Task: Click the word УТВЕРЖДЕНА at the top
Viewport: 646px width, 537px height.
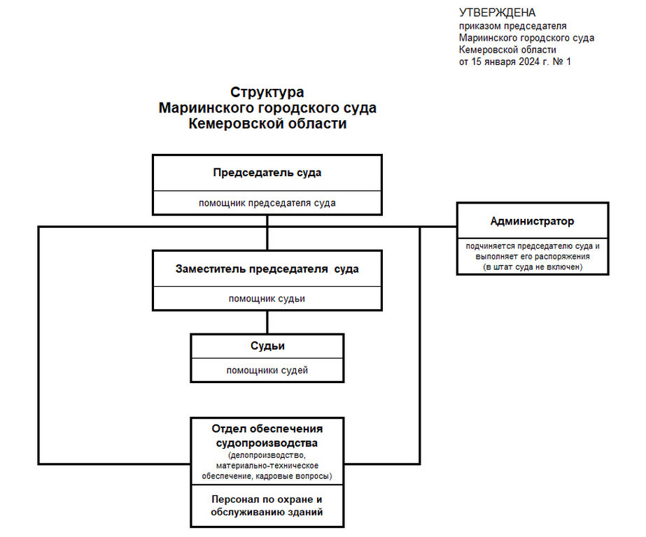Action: (x=497, y=13)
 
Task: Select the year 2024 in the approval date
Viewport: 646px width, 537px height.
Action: (x=529, y=62)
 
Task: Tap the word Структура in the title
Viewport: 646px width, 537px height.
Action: (x=267, y=92)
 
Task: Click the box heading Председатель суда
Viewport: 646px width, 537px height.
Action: (x=267, y=173)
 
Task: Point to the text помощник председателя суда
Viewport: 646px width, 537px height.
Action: (x=267, y=203)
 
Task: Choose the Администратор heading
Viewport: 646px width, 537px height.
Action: (x=532, y=221)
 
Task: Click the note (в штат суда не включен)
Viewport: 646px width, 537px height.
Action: (x=533, y=266)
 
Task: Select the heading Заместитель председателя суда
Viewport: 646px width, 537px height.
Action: (x=267, y=268)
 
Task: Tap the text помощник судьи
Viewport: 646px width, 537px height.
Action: (x=267, y=299)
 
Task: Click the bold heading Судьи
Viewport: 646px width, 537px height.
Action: (x=267, y=345)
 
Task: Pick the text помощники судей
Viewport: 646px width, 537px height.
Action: (x=267, y=371)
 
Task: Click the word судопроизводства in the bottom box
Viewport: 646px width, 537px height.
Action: (x=267, y=443)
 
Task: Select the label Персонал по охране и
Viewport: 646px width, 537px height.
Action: (x=267, y=499)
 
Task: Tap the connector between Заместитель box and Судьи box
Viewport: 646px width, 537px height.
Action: (x=267, y=322)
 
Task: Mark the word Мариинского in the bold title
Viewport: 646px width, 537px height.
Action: (x=206, y=108)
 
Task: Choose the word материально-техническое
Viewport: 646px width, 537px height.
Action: (x=267, y=466)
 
